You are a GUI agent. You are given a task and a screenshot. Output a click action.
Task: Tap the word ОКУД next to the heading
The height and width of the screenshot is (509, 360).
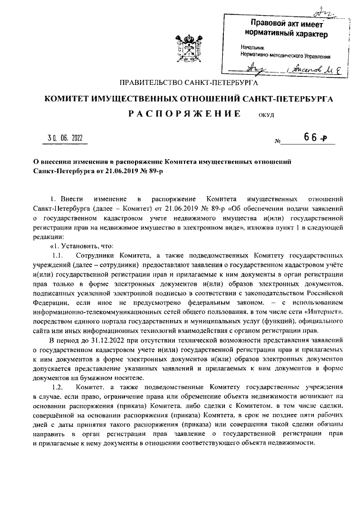265,116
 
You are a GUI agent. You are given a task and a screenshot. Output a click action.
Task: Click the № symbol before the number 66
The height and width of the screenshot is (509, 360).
277,141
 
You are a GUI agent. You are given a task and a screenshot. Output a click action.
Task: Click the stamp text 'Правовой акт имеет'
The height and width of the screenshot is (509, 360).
288,23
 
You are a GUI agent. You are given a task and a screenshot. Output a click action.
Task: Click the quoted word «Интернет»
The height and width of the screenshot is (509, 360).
323,311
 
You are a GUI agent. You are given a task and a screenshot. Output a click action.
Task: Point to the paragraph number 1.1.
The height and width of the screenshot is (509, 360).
58,256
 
